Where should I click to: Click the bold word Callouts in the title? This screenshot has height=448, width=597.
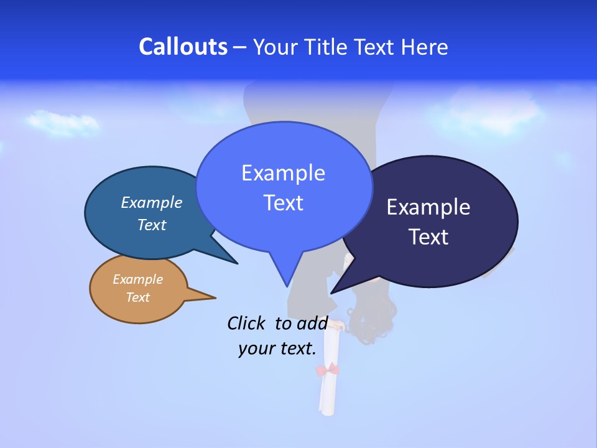[183, 47]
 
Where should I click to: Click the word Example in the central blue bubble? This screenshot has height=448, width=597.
[283, 173]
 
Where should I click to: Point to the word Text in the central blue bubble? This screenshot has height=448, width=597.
[283, 203]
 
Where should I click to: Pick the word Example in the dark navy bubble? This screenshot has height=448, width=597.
[428, 207]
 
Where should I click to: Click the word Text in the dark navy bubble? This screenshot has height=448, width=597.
[428, 236]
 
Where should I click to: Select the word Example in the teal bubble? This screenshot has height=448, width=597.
[152, 202]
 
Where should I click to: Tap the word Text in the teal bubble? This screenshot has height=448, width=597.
[152, 225]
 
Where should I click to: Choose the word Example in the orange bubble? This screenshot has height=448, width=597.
[138, 279]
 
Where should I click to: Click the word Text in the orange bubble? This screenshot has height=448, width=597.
[138, 297]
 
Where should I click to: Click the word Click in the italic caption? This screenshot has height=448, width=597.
[247, 323]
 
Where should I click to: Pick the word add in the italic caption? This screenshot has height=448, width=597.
[312, 323]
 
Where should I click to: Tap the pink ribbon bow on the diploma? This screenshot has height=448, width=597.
[328, 371]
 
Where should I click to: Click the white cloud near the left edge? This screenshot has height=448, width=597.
[62, 123]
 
